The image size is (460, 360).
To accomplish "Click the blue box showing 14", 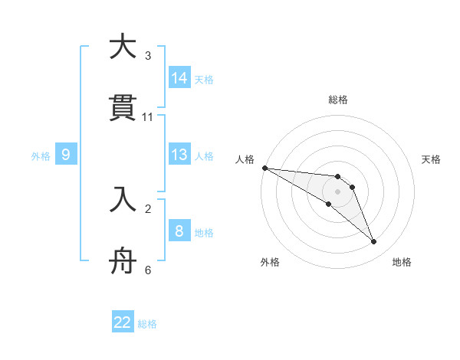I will click(x=179, y=77).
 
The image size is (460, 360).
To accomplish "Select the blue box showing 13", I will click(x=179, y=155).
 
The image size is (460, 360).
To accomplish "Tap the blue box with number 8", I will click(x=179, y=231).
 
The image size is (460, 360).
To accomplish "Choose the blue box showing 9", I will click(x=66, y=155).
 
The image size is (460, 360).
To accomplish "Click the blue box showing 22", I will click(x=123, y=322).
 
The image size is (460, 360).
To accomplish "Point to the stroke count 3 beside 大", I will click(x=147, y=56).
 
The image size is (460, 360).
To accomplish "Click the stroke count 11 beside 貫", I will click(x=148, y=117).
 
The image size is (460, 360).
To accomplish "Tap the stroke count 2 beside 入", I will click(x=147, y=208).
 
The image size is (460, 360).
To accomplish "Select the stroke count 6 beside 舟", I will click(x=147, y=270).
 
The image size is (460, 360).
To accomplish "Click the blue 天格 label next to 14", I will click(x=203, y=79).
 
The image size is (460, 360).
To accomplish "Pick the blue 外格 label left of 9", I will click(x=41, y=156).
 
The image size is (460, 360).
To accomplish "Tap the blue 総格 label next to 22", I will click(x=147, y=324).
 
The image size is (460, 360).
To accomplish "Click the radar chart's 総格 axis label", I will click(x=338, y=100).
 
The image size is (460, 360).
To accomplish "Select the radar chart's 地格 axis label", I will click(x=402, y=262).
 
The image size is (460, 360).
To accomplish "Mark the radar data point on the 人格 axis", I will click(x=264, y=168).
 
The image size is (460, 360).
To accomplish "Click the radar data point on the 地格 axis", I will click(x=374, y=242).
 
